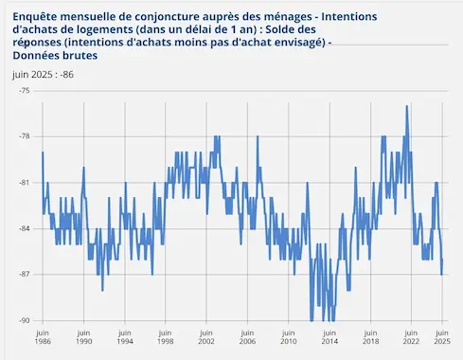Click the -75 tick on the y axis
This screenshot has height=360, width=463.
[24, 90]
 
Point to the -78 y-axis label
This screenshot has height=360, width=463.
[24, 135]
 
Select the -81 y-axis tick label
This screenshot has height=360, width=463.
[24, 182]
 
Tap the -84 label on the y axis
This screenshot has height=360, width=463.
[24, 228]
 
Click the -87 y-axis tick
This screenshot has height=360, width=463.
[24, 274]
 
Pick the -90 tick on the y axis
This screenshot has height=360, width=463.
[24, 320]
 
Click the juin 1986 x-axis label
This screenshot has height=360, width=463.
[43, 338]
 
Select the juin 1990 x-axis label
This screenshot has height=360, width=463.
[83, 338]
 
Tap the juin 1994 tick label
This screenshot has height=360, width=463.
[125, 338]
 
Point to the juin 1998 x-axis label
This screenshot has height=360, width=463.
[166, 338]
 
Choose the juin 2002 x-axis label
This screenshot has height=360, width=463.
[206, 338]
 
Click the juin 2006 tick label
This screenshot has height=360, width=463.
[247, 338]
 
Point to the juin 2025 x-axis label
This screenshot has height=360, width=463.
[441, 338]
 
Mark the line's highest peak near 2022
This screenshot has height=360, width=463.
[407, 106]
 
